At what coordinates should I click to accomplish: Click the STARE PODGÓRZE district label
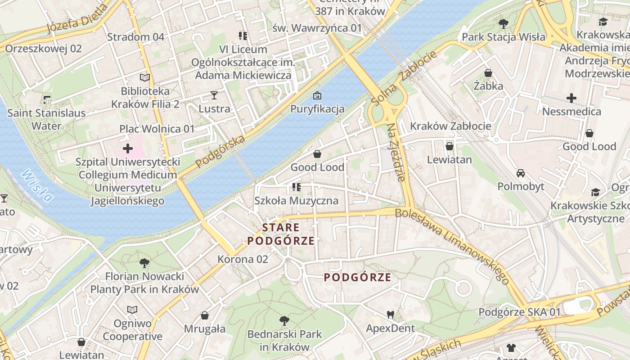click(x=281, y=234)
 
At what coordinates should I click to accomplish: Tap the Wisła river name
click(x=36, y=185)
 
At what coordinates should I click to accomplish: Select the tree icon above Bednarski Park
click(x=284, y=321)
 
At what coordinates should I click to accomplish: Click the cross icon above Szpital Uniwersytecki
click(x=128, y=148)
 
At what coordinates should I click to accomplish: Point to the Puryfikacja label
click(x=317, y=109)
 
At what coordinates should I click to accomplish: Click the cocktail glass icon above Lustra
click(x=214, y=95)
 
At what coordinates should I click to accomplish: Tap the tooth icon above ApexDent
click(x=390, y=315)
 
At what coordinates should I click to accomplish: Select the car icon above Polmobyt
click(x=521, y=173)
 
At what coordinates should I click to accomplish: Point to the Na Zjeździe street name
click(x=396, y=152)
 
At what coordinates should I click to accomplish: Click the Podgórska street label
click(x=221, y=150)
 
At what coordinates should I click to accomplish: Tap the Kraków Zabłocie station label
click(x=450, y=126)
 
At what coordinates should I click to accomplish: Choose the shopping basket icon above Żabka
click(x=488, y=72)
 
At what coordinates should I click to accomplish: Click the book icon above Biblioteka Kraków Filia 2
click(x=145, y=78)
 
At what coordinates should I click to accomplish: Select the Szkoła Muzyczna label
click(x=296, y=201)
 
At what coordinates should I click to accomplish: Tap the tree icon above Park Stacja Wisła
click(x=503, y=23)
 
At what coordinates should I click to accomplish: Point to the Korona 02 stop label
click(x=243, y=259)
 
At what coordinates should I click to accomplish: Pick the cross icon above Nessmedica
click(x=571, y=98)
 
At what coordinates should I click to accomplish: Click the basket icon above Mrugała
click(x=205, y=315)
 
